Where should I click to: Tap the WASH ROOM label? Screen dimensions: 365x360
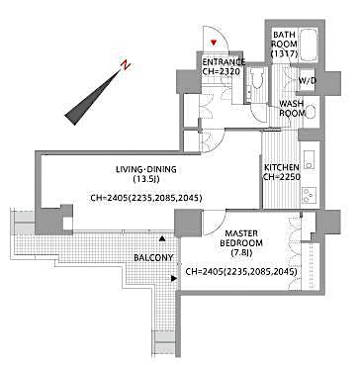291,109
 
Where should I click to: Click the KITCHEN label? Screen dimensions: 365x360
282,167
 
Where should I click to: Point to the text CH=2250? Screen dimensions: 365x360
282,179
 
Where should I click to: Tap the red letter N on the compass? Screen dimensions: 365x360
124,67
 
